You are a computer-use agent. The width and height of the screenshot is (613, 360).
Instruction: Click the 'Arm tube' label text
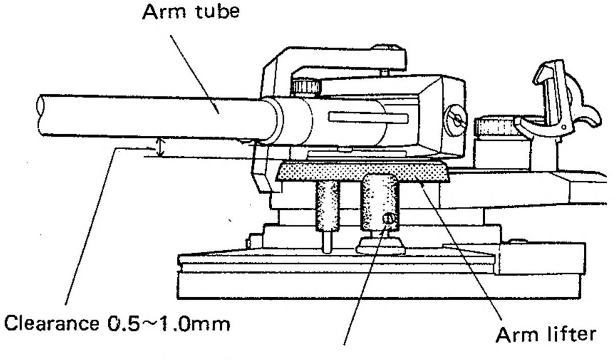[x=191, y=11]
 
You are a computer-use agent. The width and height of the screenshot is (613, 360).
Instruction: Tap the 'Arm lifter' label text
[x=546, y=334]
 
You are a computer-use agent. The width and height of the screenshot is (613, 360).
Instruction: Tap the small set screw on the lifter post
[x=388, y=219]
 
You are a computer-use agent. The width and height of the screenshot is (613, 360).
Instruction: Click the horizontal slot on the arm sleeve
[x=368, y=118]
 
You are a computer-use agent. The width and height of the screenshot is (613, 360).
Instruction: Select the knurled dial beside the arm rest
[x=494, y=127]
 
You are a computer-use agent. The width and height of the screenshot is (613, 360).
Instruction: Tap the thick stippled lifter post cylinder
[x=379, y=202]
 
